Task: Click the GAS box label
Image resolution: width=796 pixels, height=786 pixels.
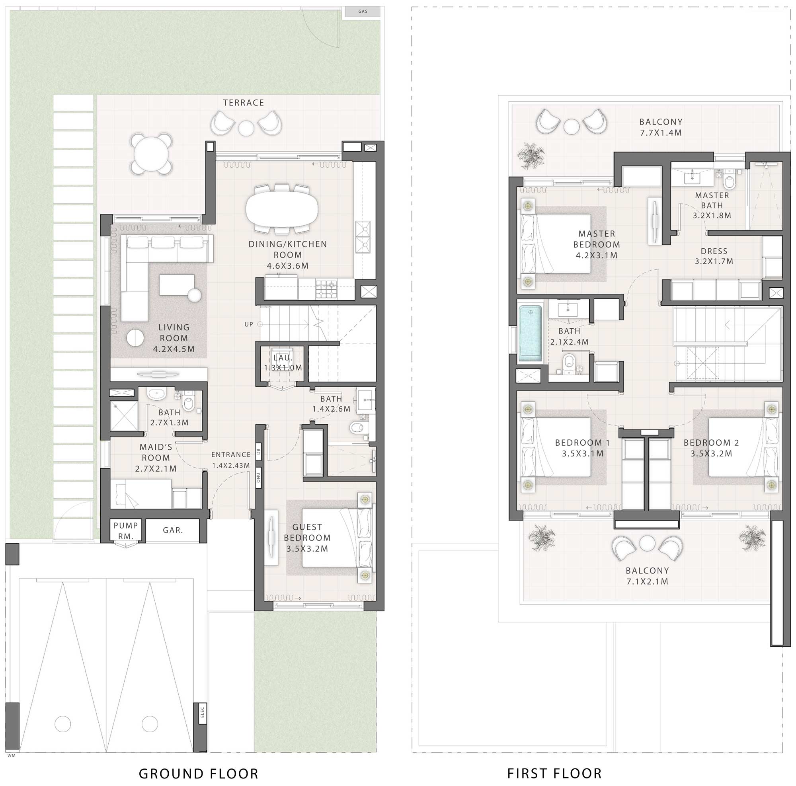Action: (363, 12)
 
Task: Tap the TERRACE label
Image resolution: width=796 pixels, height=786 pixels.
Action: (244, 103)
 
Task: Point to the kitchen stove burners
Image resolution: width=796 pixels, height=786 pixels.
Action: (326, 289)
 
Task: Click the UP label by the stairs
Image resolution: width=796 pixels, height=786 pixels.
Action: (248, 324)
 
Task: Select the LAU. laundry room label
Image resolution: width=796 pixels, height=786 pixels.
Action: (283, 357)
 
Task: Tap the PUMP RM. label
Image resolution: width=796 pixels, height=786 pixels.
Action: (126, 531)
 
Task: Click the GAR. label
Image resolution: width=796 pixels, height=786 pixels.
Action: (173, 530)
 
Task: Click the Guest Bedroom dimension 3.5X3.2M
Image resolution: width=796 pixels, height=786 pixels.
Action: (307, 549)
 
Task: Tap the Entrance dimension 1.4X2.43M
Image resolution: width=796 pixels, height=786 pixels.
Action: (231, 466)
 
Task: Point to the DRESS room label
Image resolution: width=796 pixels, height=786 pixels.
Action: (714, 251)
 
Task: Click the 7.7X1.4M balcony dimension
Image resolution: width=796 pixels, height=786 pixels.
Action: (661, 133)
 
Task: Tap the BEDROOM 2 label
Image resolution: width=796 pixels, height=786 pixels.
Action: (711, 443)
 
